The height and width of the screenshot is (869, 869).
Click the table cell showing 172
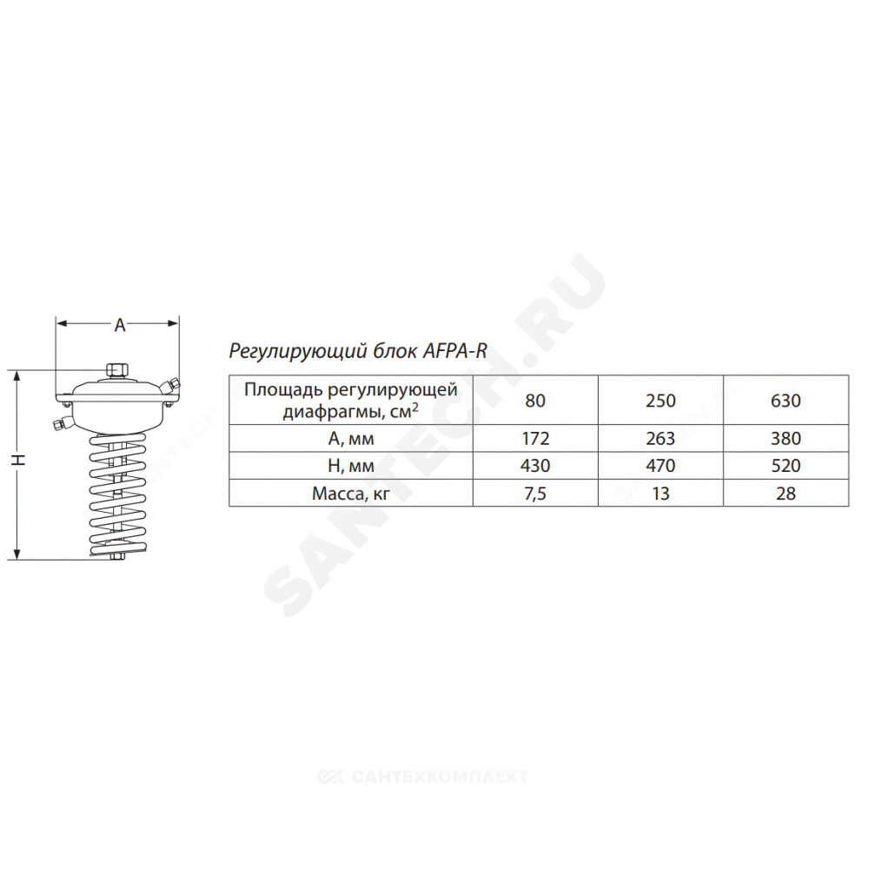pos(535,438)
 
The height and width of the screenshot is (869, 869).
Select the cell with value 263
pos(660,438)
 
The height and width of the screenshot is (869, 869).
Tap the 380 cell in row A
pos(786,438)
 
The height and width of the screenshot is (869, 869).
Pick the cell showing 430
pos(535,466)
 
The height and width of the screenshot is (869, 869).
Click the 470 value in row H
pos(660,466)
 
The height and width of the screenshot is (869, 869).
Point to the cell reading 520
pos(786,466)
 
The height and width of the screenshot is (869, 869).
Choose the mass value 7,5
pos(535,493)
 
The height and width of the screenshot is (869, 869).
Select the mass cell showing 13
pos(660,493)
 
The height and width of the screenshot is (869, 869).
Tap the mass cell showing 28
pos(786,493)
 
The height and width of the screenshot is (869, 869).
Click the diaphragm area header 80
pos(535,400)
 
